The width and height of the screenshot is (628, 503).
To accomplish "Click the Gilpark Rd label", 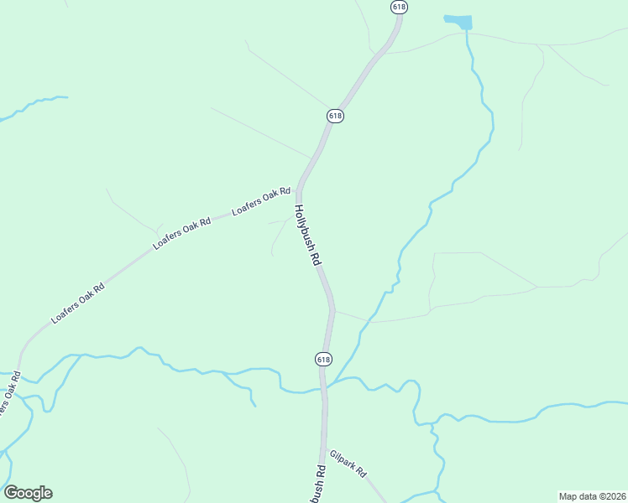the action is (x=348, y=464).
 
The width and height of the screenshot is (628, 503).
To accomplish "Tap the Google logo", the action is (x=28, y=493).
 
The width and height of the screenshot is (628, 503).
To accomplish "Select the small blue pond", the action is (x=458, y=21).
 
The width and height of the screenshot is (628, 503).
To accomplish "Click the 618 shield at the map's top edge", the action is (x=399, y=6).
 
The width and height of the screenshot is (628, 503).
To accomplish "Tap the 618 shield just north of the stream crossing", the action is (x=323, y=359).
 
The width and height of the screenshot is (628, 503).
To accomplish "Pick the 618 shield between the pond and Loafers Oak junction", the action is (x=335, y=116).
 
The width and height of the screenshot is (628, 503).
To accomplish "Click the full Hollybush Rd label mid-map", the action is (x=308, y=235).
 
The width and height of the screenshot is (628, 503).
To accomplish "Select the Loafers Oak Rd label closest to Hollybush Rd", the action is (x=261, y=202).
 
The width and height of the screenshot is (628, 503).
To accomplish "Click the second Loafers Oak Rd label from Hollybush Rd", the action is (x=181, y=235).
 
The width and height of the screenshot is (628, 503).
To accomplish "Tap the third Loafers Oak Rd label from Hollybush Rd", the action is (x=78, y=303).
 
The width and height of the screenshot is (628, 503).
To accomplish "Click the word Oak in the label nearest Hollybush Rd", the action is (x=270, y=198).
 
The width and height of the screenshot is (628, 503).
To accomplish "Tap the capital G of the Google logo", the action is (x=11, y=493).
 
